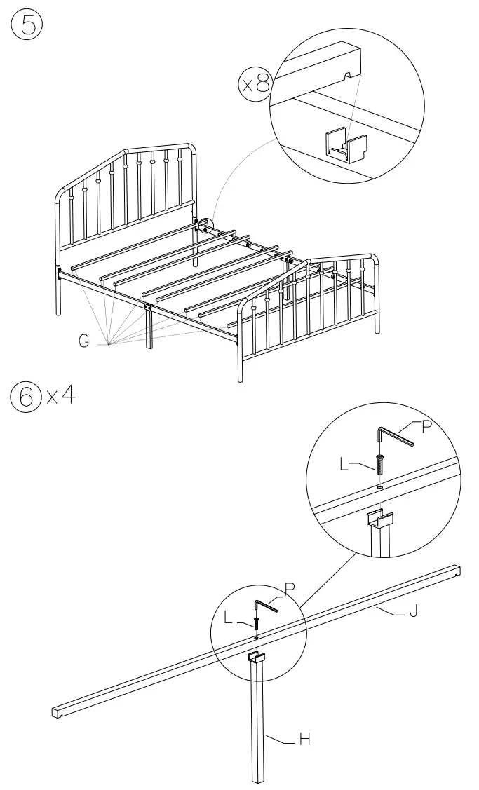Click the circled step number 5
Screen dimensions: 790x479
[26, 26]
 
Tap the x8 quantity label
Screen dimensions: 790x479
[255, 86]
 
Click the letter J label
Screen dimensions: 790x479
[414, 614]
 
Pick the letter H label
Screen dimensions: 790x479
[304, 739]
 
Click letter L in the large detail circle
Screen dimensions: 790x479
[344, 465]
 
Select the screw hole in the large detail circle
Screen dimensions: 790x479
[379, 486]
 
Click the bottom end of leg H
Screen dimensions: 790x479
[259, 777]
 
